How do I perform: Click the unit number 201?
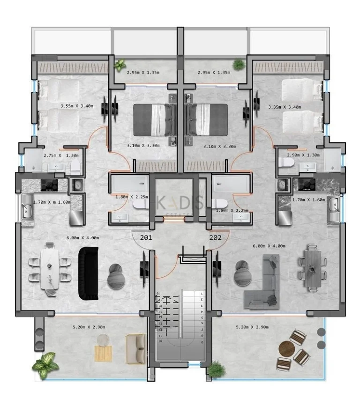coord(146,237)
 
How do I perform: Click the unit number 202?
coord(215,237)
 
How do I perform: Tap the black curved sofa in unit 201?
coord(88,274)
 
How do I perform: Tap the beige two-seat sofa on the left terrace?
coord(135,349)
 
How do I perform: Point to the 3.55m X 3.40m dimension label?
coord(77,106)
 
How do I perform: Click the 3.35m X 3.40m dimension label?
coord(285,107)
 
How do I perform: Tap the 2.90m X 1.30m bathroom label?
coord(303,155)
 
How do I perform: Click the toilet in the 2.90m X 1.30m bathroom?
coord(286,163)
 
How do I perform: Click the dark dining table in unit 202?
coord(311,267)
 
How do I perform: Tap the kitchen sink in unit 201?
coord(26,207)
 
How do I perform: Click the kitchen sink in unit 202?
coord(335,204)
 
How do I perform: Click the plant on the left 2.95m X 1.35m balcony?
coord(120,64)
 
